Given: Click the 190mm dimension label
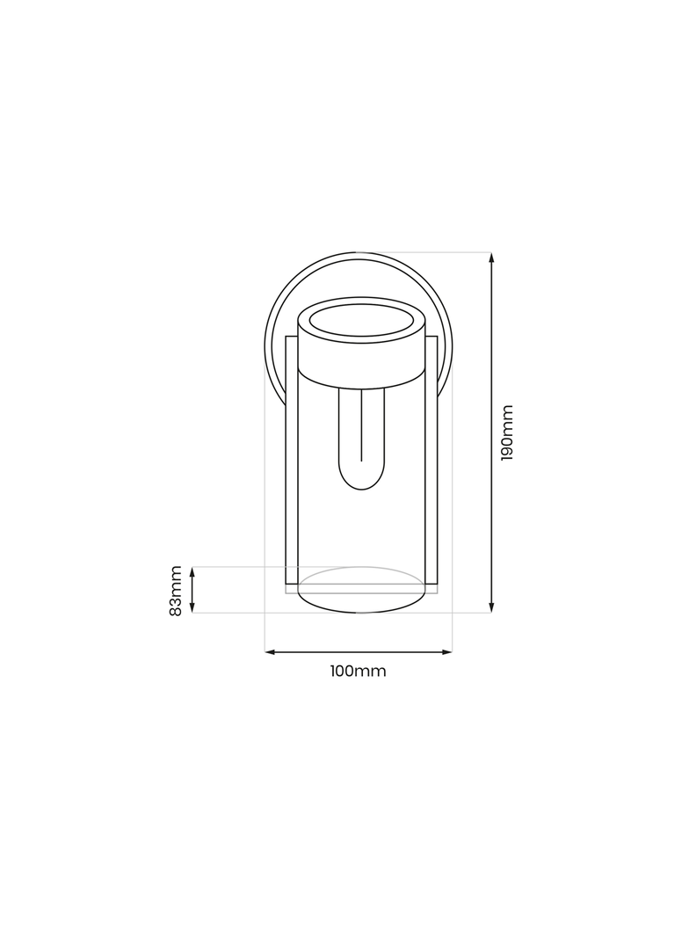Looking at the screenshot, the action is pos(506,432).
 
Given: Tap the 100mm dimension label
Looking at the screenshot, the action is pos(358,671).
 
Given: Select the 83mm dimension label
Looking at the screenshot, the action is pos(175,591).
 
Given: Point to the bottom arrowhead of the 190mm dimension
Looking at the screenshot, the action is pos(491,607).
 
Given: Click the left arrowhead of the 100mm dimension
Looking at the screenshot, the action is pos(270,651).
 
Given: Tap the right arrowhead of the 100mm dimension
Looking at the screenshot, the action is pos(446,651).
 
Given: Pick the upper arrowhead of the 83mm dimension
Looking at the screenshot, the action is pos(192,572).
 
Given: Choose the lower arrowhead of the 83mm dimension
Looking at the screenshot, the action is pos(192,607).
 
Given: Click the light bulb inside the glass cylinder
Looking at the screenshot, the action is pos(361,438).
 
